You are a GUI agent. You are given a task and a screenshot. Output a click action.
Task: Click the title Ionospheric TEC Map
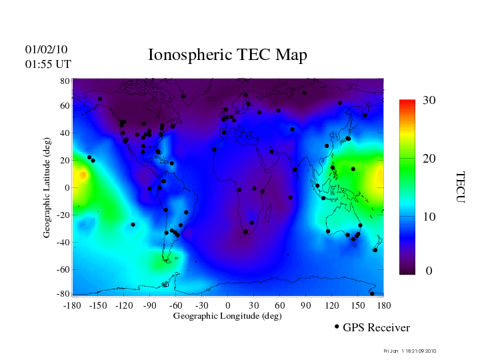227,55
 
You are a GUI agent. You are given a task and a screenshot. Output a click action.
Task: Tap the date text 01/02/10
46,49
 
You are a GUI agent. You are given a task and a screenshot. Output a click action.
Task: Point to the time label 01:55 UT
48,64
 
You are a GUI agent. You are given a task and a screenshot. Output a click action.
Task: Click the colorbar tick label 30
429,101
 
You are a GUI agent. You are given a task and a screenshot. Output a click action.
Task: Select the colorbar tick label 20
429,160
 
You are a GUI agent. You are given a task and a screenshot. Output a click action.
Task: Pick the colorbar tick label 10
429,217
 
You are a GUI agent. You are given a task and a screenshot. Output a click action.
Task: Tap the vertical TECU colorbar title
460,187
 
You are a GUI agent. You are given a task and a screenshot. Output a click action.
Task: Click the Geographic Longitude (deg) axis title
227,316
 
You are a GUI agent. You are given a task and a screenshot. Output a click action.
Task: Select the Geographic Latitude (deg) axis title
47,192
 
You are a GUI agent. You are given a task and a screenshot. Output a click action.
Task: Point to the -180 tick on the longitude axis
72,305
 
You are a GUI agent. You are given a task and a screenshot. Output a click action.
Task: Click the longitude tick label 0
228,305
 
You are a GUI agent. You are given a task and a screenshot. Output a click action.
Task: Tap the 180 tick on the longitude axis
383,305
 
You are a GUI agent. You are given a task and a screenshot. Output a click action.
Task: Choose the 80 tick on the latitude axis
65,81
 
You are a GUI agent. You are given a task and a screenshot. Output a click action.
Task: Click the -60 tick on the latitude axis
63,270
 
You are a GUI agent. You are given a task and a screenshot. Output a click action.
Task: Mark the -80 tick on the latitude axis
63,294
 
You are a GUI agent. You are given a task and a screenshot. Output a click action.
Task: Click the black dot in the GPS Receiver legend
337,327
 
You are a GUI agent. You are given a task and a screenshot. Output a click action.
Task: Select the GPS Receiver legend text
376,328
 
